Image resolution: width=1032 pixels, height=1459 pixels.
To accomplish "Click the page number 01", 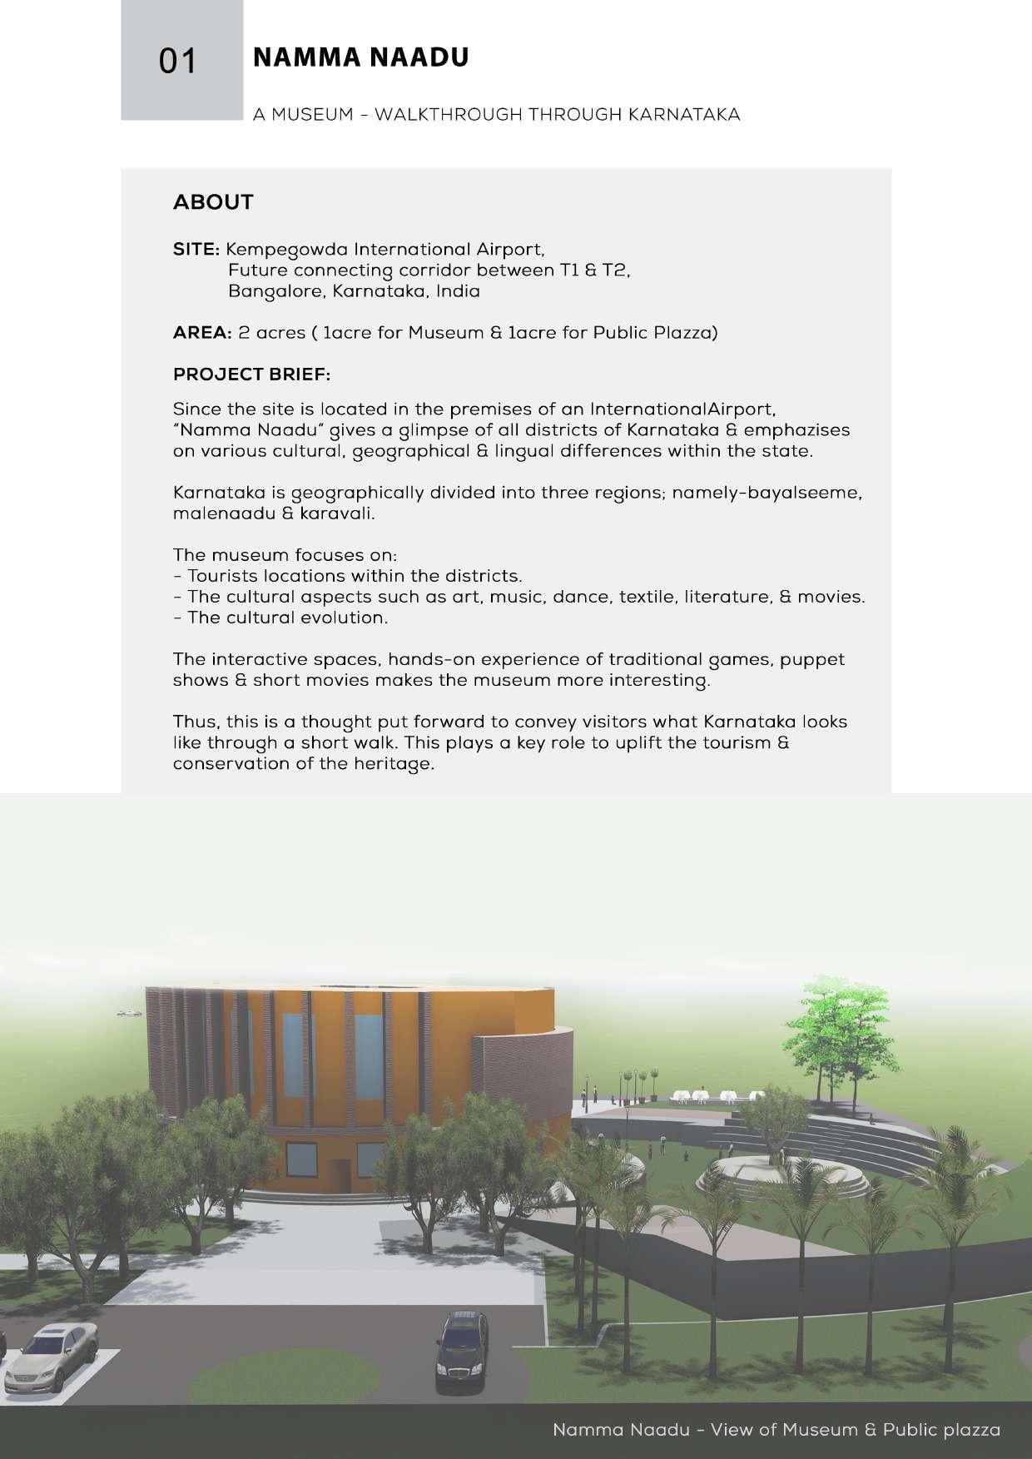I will point(178,62).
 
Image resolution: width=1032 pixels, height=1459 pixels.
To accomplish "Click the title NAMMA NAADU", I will point(360,57).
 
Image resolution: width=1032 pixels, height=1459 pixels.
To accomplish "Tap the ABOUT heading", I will point(213,202).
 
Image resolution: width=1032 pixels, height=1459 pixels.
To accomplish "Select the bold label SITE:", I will point(196,250).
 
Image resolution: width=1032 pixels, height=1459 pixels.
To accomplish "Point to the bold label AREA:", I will point(202,333).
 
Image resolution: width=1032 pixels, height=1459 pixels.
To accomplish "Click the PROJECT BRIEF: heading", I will point(251,375).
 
